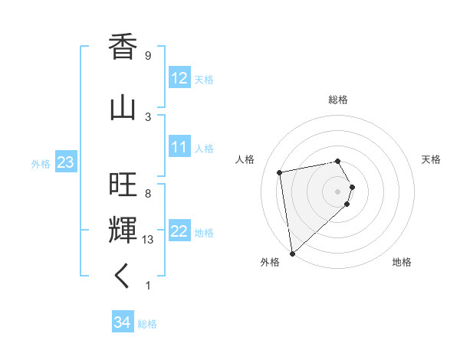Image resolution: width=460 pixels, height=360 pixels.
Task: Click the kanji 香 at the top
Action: tap(123, 47)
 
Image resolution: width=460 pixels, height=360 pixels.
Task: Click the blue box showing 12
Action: tap(179, 78)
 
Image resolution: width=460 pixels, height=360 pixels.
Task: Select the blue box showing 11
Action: tap(179, 148)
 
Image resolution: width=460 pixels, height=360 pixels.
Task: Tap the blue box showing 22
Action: tap(179, 232)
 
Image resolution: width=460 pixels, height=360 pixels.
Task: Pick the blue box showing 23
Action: tap(65, 163)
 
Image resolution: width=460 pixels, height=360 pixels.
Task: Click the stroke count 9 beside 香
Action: tap(148, 56)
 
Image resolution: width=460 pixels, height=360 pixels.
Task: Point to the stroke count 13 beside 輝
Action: tap(149, 240)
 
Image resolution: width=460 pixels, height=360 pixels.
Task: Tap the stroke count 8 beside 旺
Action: tap(148, 194)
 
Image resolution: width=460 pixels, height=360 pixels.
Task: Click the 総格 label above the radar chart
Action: tap(338, 100)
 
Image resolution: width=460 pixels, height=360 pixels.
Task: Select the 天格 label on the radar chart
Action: tap(431, 159)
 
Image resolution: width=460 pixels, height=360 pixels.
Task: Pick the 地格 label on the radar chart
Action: tap(402, 263)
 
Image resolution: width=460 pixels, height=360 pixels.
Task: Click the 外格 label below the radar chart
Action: tap(270, 263)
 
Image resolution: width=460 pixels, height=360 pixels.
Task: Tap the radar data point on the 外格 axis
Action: tap(292, 253)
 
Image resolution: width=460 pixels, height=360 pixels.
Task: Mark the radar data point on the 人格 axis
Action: tap(280, 172)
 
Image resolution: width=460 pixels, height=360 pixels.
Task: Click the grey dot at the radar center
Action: tap(338, 191)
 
